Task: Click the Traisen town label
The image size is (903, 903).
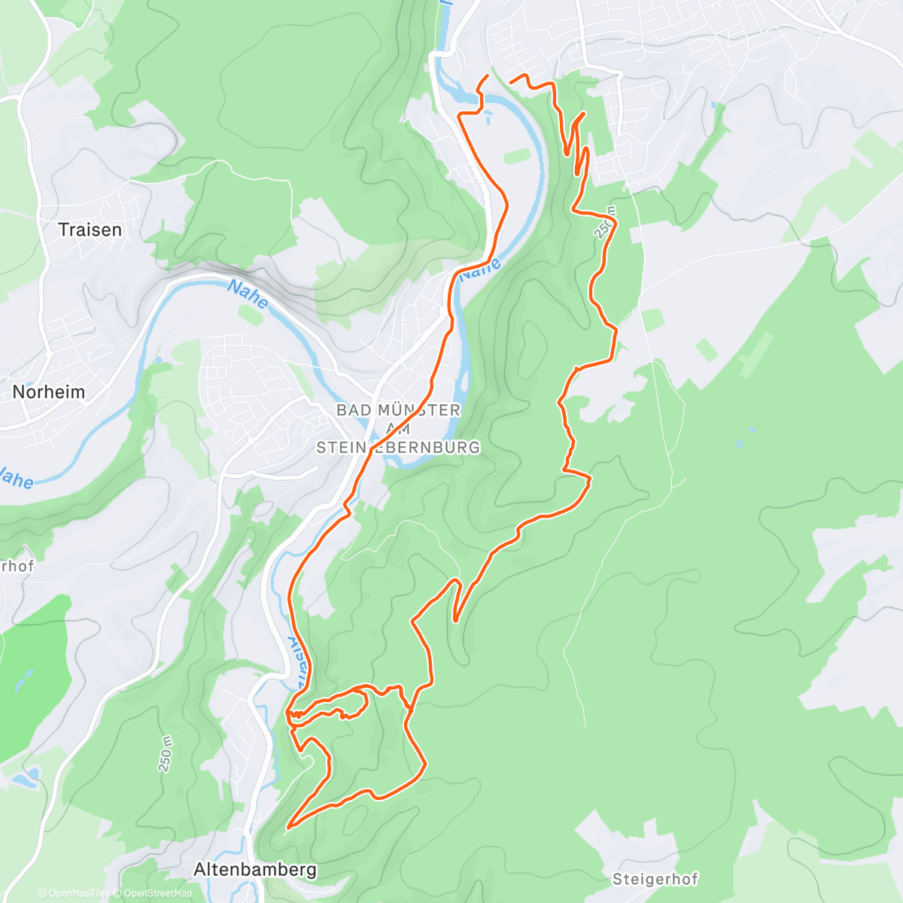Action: [x=90, y=230]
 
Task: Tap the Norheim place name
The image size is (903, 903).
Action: [x=49, y=392]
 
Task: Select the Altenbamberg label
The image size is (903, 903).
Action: [x=255, y=870]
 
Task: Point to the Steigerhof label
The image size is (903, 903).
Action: [x=655, y=879]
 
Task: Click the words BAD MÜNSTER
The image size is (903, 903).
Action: [x=398, y=410]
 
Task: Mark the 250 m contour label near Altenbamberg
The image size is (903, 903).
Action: [x=166, y=754]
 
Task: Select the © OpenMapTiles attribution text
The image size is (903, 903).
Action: [x=74, y=893]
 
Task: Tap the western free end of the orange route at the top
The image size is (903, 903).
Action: [x=488, y=76]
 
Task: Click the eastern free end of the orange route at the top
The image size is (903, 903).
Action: [x=512, y=81]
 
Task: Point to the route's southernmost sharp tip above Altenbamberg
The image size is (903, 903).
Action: [x=288, y=826]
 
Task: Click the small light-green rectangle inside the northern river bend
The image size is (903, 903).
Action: [x=516, y=157]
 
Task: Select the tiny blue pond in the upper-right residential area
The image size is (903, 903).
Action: [x=713, y=106]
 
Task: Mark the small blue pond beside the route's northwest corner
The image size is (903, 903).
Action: [x=489, y=117]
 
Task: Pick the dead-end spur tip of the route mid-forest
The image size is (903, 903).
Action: [x=455, y=621]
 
